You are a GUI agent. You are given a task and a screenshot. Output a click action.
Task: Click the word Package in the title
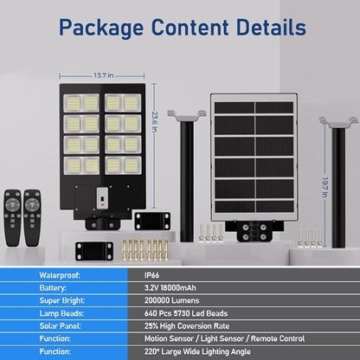[x=101, y=28]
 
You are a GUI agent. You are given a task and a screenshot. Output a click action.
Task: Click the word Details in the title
[x=271, y=27]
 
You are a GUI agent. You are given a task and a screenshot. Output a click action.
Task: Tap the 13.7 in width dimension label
[x=104, y=75]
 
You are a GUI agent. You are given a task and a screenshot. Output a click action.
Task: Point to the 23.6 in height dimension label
[x=155, y=122]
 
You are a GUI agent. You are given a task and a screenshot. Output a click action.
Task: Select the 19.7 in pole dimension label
[x=325, y=188]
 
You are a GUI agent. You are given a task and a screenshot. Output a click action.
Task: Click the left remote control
[x=12, y=217]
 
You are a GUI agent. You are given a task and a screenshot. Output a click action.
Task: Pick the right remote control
[x=32, y=217]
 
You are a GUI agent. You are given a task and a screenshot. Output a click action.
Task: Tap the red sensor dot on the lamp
[x=102, y=205]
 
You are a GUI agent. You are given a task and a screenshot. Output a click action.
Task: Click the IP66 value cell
[x=151, y=275]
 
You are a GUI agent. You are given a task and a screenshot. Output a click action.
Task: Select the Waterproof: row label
[x=60, y=275]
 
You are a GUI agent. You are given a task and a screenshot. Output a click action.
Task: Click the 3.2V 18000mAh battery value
[x=170, y=288]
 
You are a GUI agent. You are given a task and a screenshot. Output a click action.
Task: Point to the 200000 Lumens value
[x=172, y=300]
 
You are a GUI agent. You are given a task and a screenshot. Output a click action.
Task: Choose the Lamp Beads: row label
[x=61, y=313]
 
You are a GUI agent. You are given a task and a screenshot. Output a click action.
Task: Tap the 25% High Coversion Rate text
[x=187, y=326]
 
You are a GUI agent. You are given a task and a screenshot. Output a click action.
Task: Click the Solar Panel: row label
[x=60, y=326]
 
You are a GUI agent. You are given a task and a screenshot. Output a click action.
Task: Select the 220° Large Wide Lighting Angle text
[x=197, y=351]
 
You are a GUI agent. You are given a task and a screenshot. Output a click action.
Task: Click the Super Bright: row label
[x=62, y=300]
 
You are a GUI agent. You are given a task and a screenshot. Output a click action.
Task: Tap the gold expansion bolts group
[x=145, y=250]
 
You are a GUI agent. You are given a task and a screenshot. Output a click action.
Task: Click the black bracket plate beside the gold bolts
[x=94, y=252]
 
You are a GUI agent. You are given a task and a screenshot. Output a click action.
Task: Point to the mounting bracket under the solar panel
[x=254, y=231]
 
